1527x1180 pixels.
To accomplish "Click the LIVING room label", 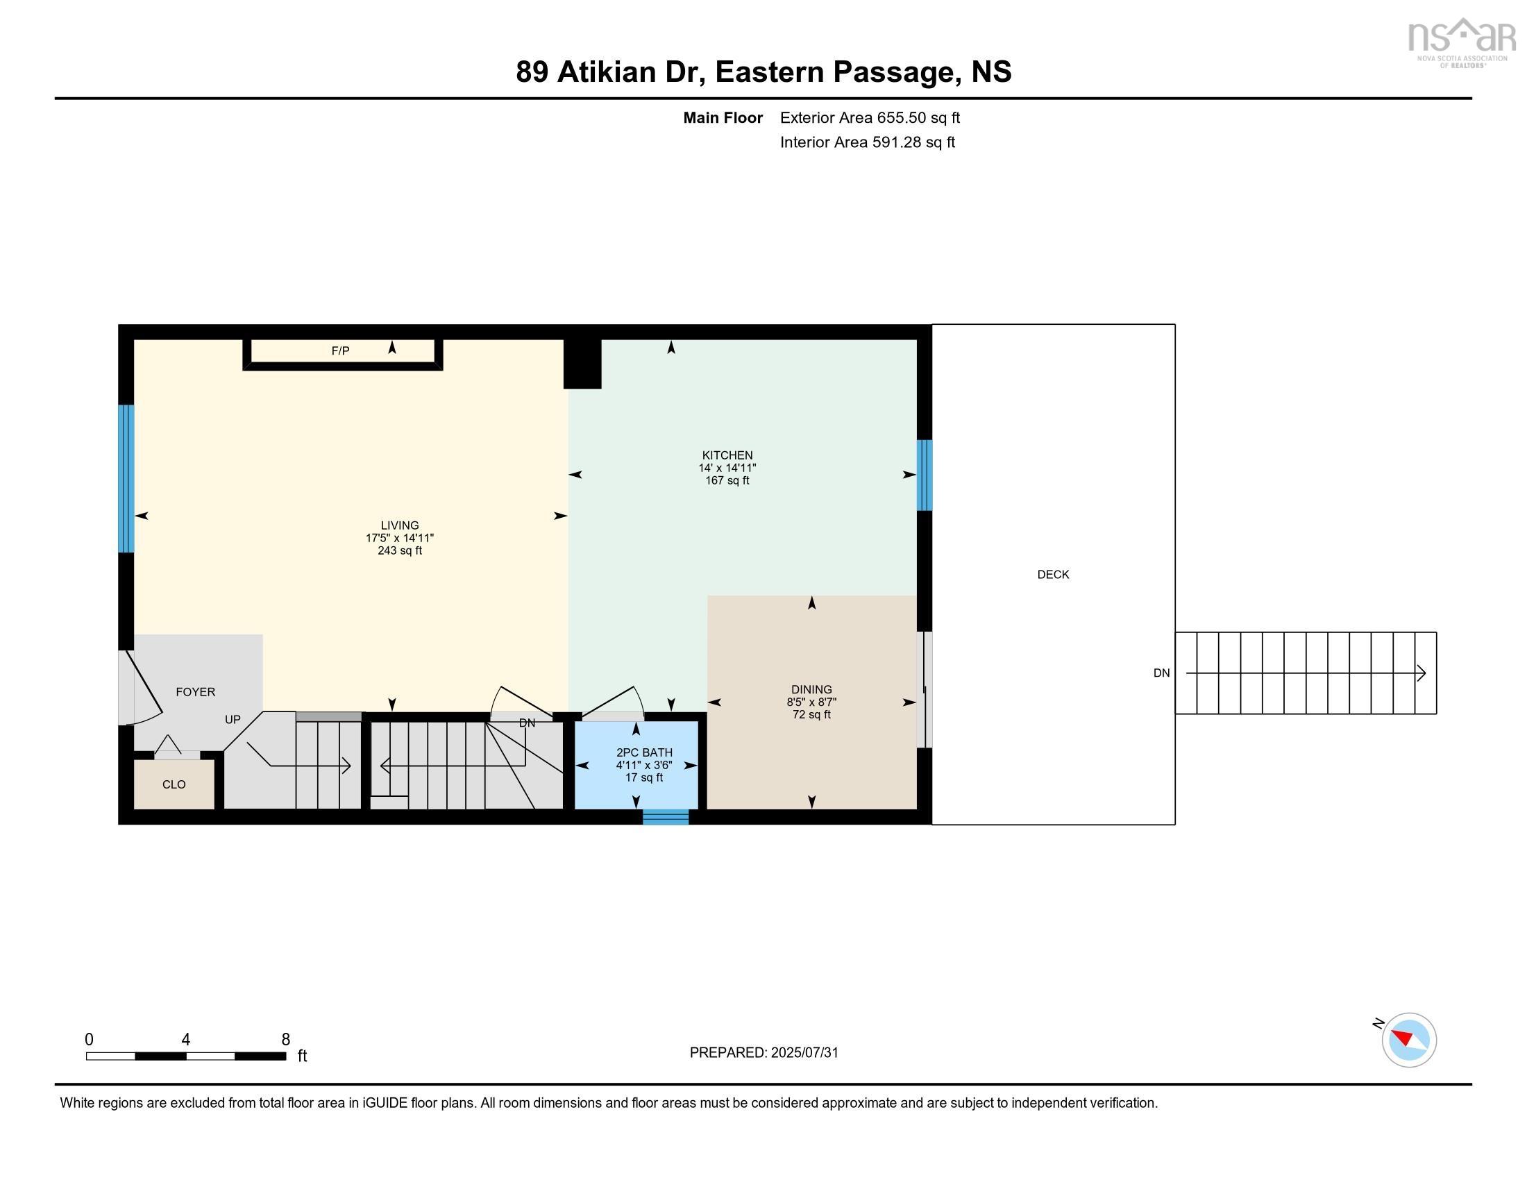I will pos(399,525).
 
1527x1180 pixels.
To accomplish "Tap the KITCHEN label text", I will pos(727,455).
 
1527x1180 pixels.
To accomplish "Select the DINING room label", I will pos(811,689).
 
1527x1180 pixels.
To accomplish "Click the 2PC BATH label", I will pos(644,753).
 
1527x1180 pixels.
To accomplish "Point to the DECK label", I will pos(1052,575).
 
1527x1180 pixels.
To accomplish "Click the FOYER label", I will pos(195,692).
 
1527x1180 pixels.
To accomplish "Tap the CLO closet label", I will pos(174,784).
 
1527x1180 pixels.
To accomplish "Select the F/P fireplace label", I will pos(341,351).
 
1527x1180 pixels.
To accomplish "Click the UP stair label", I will pos(232,719).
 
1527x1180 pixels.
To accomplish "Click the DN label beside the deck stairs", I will pos(1161,673).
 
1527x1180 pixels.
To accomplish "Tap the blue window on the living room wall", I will pos(126,478).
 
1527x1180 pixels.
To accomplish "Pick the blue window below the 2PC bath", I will pos(666,816).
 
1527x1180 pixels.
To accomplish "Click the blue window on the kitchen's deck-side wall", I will pos(925,475).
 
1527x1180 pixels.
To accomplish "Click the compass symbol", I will pos(1408,1040).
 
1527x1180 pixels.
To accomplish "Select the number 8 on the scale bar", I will pos(285,1040).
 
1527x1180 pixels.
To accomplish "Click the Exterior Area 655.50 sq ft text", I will pos(870,118).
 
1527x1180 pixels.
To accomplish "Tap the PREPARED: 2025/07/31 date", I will pos(763,1053).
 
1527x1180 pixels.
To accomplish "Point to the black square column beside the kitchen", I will pos(582,364).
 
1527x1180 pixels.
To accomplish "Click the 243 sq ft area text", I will pos(399,551).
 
